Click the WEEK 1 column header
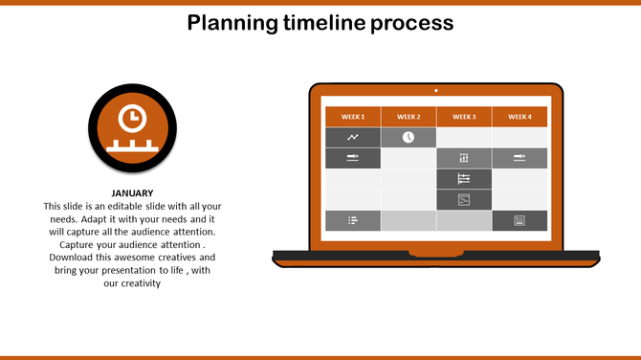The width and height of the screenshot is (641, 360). tap(353, 117)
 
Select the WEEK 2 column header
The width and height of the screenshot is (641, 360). tap(409, 117)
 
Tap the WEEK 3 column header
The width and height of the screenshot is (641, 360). tap(464, 117)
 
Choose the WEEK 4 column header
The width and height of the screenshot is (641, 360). tap(519, 117)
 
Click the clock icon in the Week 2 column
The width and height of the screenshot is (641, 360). tap(409, 138)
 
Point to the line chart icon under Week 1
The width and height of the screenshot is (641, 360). tap(353, 138)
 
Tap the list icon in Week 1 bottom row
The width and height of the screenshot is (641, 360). tap(353, 220)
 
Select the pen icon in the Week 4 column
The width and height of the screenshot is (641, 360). tap(519, 158)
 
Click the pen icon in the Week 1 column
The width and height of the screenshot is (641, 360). tap(353, 158)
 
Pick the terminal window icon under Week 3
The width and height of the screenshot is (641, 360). tap(464, 199)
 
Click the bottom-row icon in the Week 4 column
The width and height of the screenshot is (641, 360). tap(519, 220)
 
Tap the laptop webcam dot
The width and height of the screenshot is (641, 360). tap(436, 90)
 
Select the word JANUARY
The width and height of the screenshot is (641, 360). tap(132, 193)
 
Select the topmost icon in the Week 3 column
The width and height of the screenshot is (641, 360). tap(464, 158)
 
